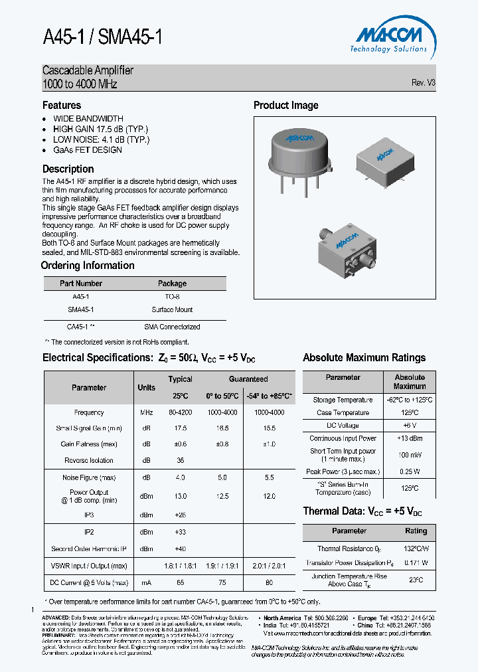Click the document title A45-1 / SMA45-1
(x=102, y=37)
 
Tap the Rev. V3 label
(x=423, y=83)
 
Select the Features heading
(x=62, y=106)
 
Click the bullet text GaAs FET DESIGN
(x=88, y=150)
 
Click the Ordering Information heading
(x=88, y=266)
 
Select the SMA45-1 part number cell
(x=80, y=309)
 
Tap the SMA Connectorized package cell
(x=172, y=327)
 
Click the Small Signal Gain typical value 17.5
(x=180, y=428)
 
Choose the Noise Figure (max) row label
(x=89, y=477)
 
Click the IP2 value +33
(x=180, y=532)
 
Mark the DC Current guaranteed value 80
(x=269, y=582)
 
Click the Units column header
(x=146, y=387)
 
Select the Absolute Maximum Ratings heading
(x=364, y=358)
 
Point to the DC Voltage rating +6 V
(x=410, y=425)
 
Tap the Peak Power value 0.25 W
(x=410, y=471)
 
